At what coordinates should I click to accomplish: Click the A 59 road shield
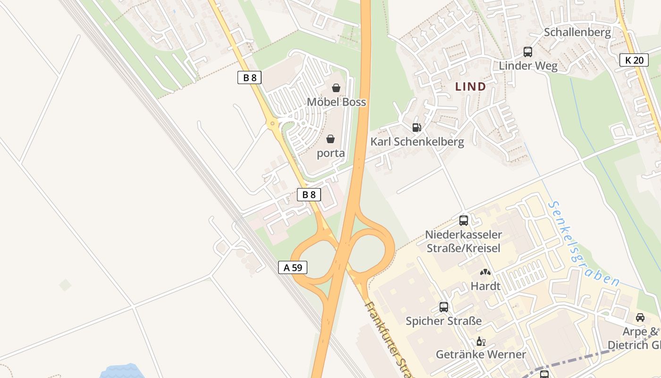pyautogui.click(x=293, y=267)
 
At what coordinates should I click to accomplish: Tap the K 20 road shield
pyautogui.click(x=634, y=60)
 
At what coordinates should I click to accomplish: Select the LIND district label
pyautogui.click(x=470, y=86)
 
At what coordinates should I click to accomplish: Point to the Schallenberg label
pyautogui.click(x=577, y=32)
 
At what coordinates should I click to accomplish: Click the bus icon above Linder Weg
pyautogui.click(x=527, y=52)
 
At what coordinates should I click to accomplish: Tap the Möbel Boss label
pyautogui.click(x=336, y=102)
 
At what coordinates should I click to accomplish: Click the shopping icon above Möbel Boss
pyautogui.click(x=336, y=88)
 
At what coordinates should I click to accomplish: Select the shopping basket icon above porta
pyautogui.click(x=330, y=139)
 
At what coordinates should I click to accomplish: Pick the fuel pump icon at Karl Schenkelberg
pyautogui.click(x=416, y=127)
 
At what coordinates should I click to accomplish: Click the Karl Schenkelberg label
pyautogui.click(x=417, y=142)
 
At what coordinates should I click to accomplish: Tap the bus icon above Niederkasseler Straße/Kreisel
pyautogui.click(x=463, y=220)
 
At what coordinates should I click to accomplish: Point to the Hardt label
pyautogui.click(x=485, y=286)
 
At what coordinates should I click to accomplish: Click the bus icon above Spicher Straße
pyautogui.click(x=443, y=307)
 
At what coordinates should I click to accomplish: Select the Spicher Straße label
pyautogui.click(x=443, y=321)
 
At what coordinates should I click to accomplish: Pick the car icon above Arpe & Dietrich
pyautogui.click(x=640, y=317)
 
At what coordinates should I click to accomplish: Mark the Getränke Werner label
pyautogui.click(x=481, y=354)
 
